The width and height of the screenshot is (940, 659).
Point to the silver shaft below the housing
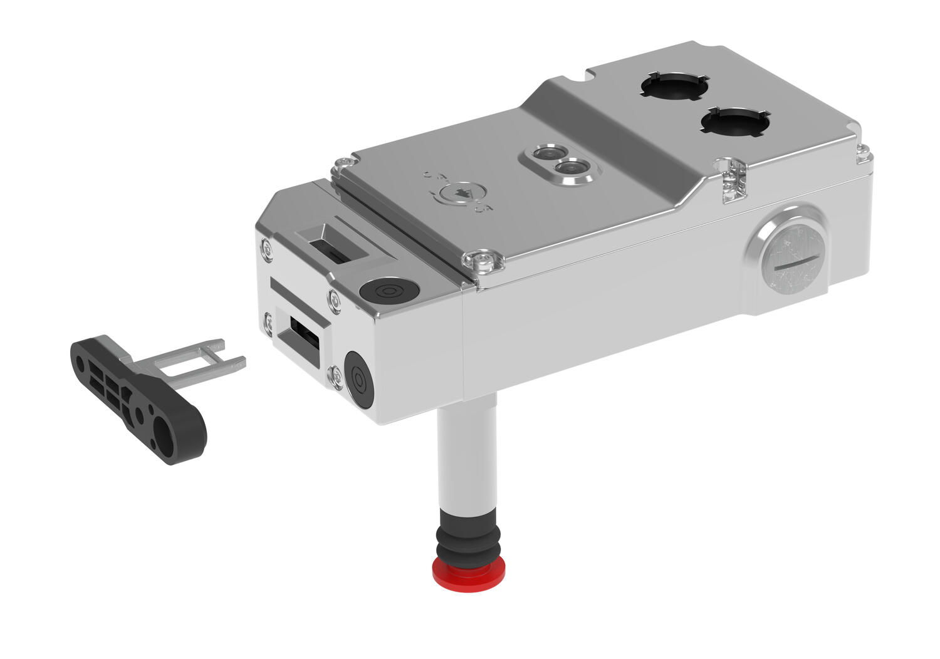pos(467,457)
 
